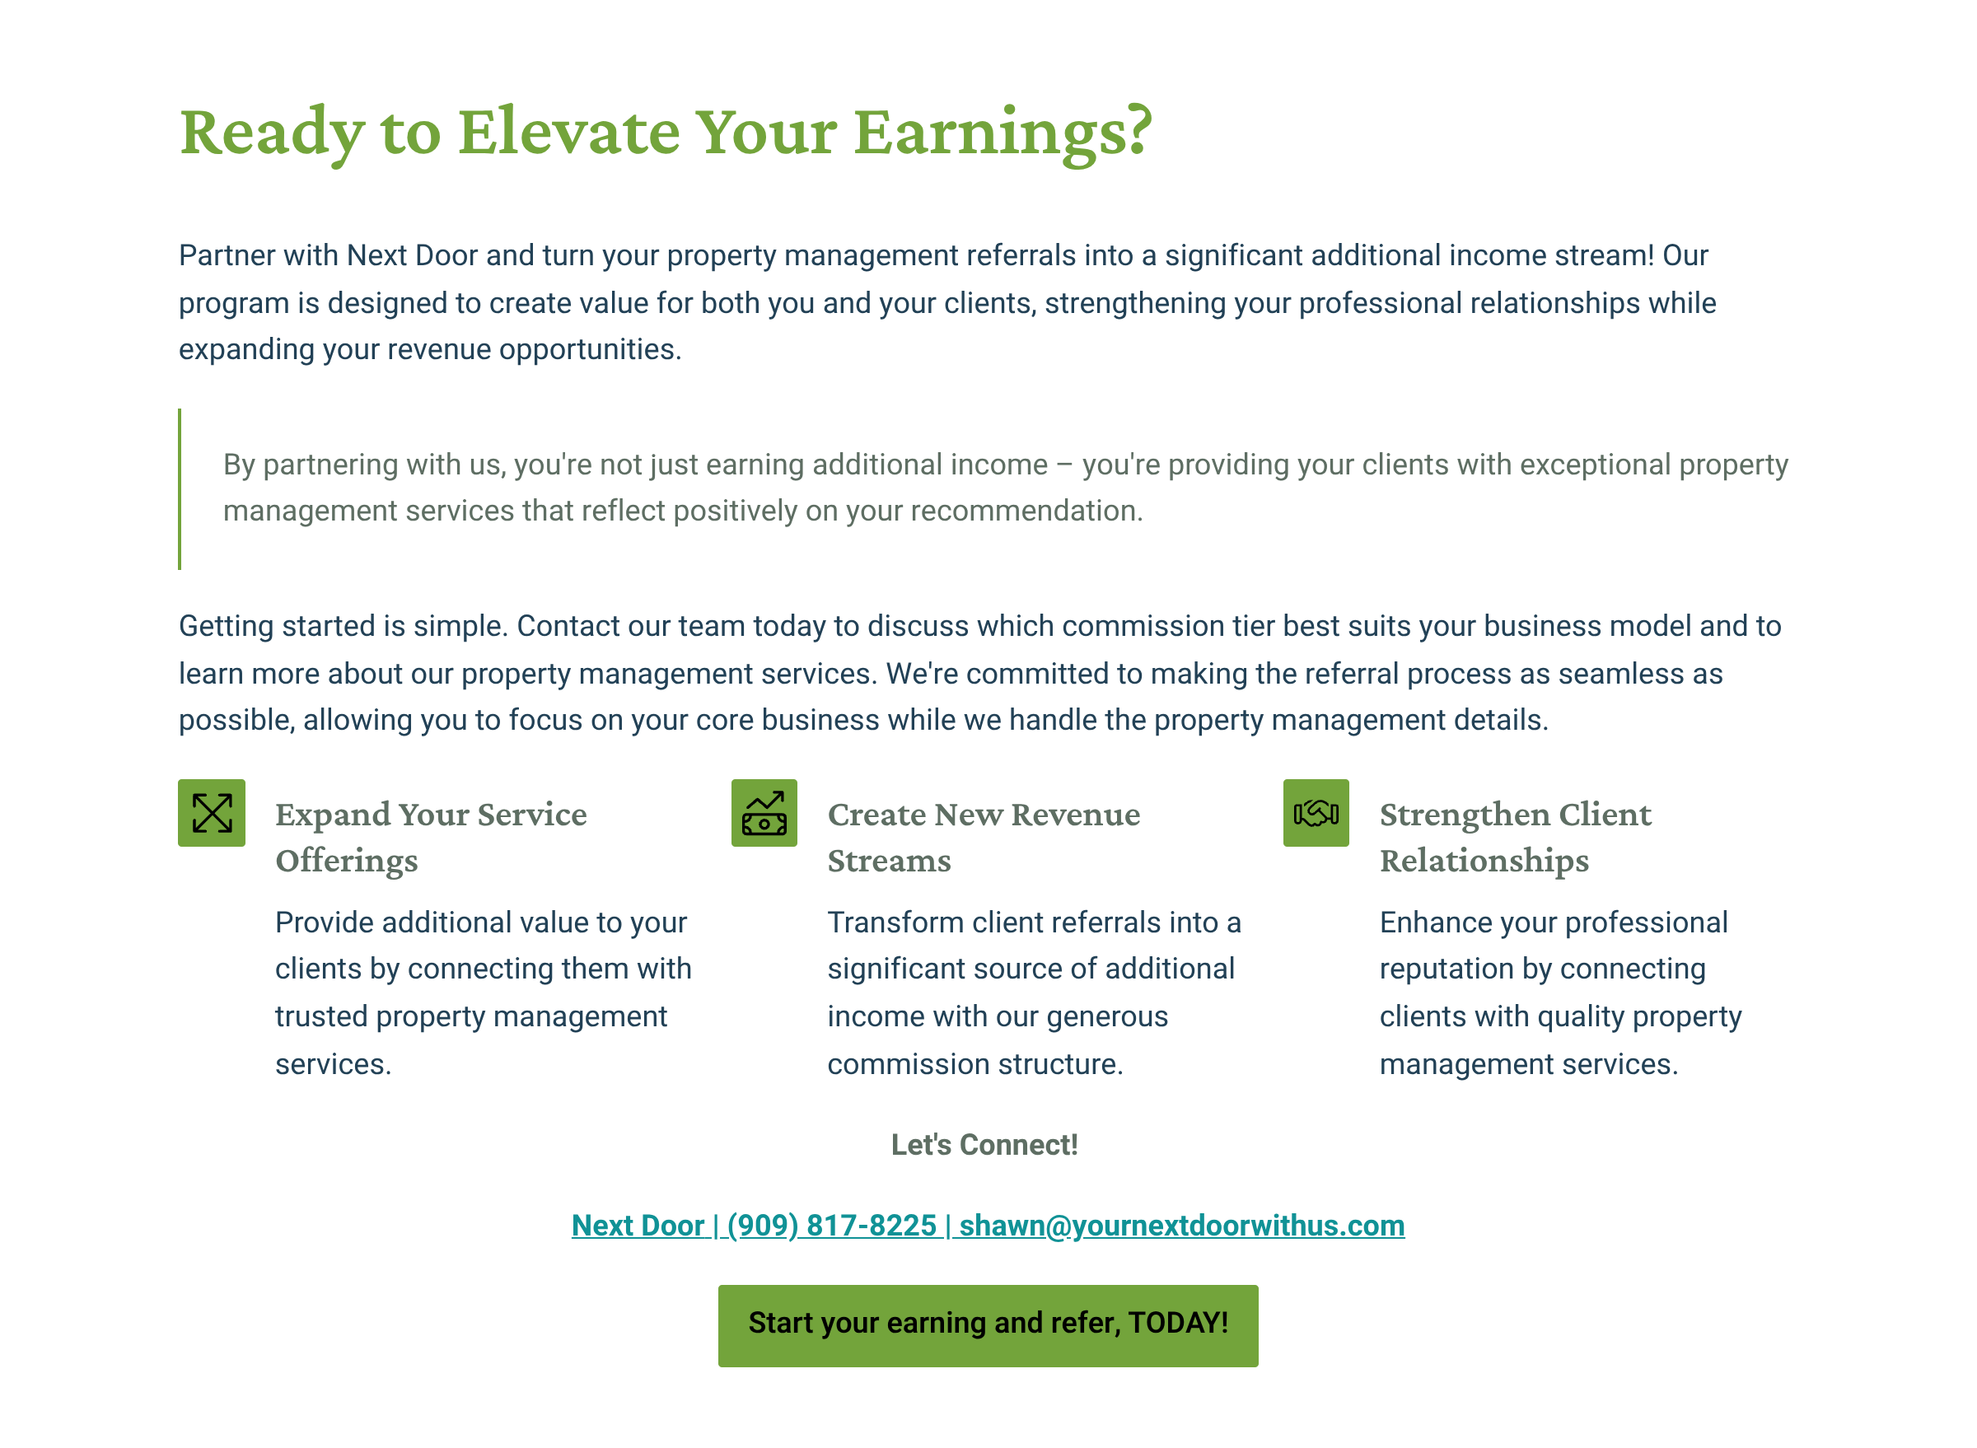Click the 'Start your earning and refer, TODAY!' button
point(987,1325)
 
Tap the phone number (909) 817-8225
point(831,1226)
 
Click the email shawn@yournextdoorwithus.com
point(1181,1226)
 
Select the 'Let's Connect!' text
point(984,1145)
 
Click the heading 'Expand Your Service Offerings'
point(431,836)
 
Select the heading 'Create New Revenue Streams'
point(983,836)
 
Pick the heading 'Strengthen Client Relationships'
point(1515,836)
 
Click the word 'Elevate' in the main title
point(568,132)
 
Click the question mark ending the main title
point(1138,132)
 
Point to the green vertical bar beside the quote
point(180,488)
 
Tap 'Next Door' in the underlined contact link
point(638,1226)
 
